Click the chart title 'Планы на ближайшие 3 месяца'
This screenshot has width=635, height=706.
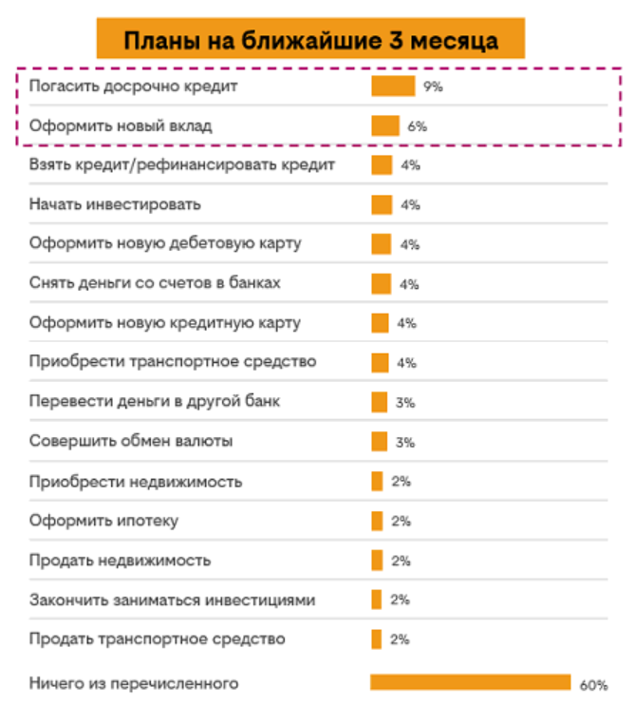310,39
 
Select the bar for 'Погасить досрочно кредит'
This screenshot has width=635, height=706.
392,86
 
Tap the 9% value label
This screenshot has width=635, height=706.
433,86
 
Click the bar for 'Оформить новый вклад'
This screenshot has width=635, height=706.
384,125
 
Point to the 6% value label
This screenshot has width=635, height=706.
418,125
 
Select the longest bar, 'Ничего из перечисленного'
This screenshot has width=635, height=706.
470,682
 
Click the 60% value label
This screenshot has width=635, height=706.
592,684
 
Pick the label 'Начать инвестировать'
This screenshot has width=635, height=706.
115,204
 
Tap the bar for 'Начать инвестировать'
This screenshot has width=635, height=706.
382,204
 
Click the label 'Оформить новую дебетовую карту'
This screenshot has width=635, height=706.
165,243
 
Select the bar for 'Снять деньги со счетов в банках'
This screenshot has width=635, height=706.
381,283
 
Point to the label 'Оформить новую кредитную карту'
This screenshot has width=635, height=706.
165,323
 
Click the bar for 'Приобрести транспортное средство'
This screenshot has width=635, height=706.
380,362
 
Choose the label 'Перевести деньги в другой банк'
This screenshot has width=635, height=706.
155,402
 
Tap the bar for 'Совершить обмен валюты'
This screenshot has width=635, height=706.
379,441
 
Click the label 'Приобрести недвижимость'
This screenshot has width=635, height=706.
136,481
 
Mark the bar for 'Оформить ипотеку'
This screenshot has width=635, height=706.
377,521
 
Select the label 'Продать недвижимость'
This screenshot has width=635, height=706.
120,560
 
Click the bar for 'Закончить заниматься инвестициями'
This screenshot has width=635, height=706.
376,600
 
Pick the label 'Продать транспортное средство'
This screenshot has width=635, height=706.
157,639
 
